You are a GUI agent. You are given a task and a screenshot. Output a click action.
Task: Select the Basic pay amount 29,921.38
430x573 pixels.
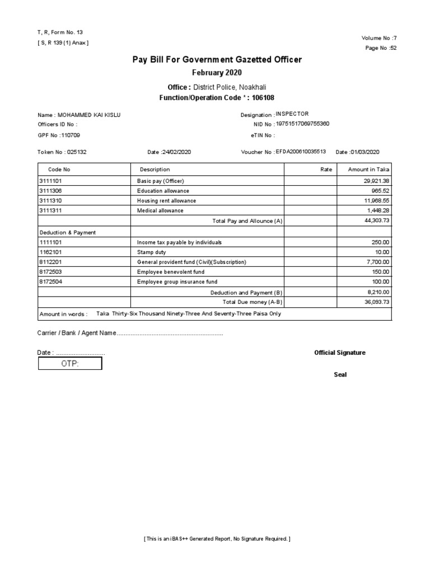point(376,181)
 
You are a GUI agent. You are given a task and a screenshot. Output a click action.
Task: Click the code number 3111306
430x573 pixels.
point(51,191)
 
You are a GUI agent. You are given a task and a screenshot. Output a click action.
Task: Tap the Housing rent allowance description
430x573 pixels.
point(167,201)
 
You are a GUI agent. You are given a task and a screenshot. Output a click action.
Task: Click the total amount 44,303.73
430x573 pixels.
point(376,221)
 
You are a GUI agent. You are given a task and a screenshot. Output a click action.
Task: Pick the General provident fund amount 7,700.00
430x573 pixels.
point(377,262)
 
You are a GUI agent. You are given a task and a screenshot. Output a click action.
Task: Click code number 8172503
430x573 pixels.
point(51,272)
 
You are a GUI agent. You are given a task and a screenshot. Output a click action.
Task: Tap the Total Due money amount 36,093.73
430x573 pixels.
point(376,302)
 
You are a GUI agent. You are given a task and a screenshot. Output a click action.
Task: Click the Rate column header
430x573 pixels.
point(326,170)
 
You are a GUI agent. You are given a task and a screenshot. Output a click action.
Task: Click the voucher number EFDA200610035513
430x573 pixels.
point(301,152)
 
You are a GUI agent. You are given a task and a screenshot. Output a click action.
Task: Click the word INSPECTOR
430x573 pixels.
point(292,114)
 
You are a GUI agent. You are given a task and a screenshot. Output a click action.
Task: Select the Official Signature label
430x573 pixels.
point(340,353)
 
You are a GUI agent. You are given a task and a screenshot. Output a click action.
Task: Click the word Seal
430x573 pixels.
point(340,374)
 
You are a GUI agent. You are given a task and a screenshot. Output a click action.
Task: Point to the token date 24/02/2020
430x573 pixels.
point(178,152)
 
